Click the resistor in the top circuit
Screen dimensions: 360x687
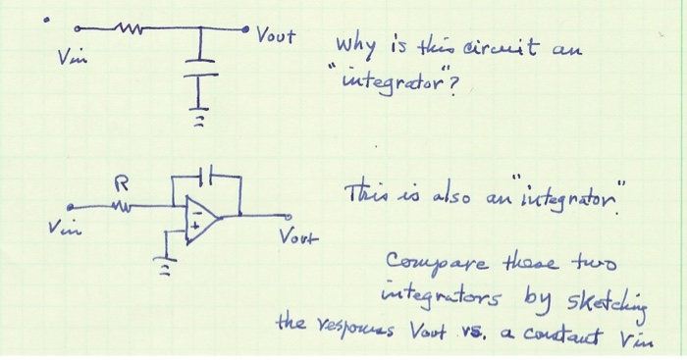127,29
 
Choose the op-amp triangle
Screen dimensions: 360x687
202,213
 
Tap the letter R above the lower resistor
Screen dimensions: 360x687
122,181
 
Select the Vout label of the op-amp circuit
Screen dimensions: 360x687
295,236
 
